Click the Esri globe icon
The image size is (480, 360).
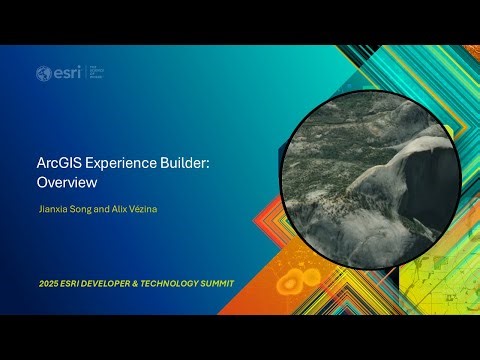[x=43, y=73]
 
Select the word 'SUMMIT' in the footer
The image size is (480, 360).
[x=220, y=283]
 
